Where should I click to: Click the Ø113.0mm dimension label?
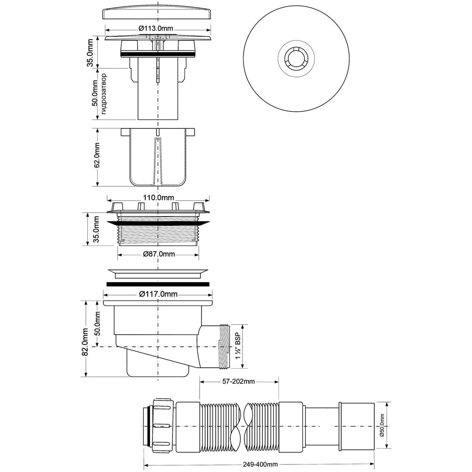[156, 28]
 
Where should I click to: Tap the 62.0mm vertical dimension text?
[97, 158]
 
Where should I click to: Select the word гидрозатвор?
[104, 94]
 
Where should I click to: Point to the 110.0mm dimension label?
[158, 197]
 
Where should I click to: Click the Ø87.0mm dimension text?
[159, 254]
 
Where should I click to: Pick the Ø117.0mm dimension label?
[158, 294]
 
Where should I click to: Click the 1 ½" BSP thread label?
[238, 346]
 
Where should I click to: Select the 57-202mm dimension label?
[238, 382]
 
